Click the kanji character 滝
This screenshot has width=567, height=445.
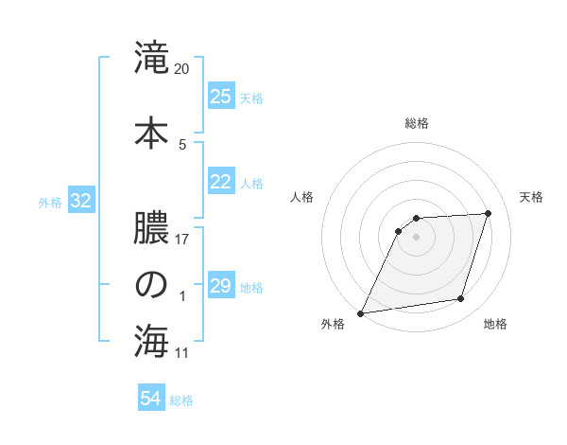pyautogui.click(x=151, y=60)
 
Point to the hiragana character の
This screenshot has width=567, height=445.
pyautogui.click(x=151, y=285)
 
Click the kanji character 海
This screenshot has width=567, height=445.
pyautogui.click(x=151, y=342)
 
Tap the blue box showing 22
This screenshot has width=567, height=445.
pyautogui.click(x=220, y=182)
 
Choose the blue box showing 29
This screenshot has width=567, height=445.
pyautogui.click(x=220, y=285)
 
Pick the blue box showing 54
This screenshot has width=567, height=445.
pyautogui.click(x=150, y=399)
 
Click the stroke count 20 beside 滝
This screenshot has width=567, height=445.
pyautogui.click(x=182, y=69)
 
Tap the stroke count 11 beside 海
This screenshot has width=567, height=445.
pyautogui.click(x=182, y=353)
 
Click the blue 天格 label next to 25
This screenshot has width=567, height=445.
pyautogui.click(x=251, y=98)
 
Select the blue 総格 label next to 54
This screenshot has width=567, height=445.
pyautogui.click(x=181, y=400)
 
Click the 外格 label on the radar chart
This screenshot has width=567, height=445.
pyautogui.click(x=333, y=325)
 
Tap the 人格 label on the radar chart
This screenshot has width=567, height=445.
pyautogui.click(x=302, y=197)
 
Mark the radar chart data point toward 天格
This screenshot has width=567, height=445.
pyautogui.click(x=489, y=213)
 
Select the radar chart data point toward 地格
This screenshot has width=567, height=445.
pyautogui.click(x=461, y=299)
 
